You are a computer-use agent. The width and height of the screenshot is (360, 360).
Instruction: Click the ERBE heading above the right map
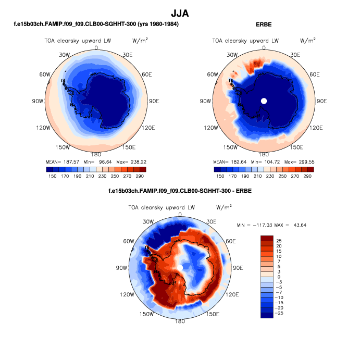pyautogui.click(x=264, y=24)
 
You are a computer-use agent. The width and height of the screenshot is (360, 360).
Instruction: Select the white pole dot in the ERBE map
pyautogui.click(x=264, y=101)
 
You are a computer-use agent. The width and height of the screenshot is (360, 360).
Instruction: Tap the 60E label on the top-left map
pyautogui.click(x=146, y=75)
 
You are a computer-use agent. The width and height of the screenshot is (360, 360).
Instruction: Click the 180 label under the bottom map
pyautogui.click(x=180, y=321)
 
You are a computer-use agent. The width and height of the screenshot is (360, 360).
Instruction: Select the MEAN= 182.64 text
pyautogui.click(x=228, y=162)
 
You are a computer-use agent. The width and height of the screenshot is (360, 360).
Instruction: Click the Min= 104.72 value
pyautogui.click(x=264, y=162)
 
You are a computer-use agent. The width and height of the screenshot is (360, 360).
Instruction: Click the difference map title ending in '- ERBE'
pyautogui.click(x=180, y=191)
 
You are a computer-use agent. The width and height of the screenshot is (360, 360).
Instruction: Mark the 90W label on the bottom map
pyautogui.click(x=121, y=268)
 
